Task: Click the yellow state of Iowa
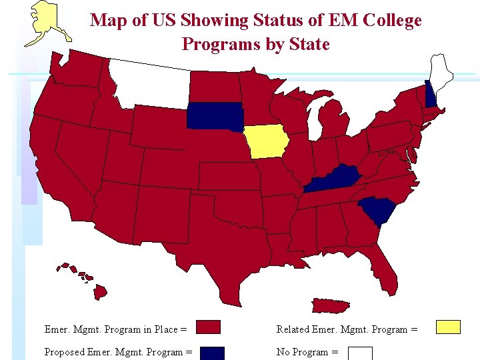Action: click(x=266, y=141)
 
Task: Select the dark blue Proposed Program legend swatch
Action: click(x=212, y=353)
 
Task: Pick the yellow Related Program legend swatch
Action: click(x=447, y=327)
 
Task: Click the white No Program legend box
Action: click(x=360, y=353)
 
